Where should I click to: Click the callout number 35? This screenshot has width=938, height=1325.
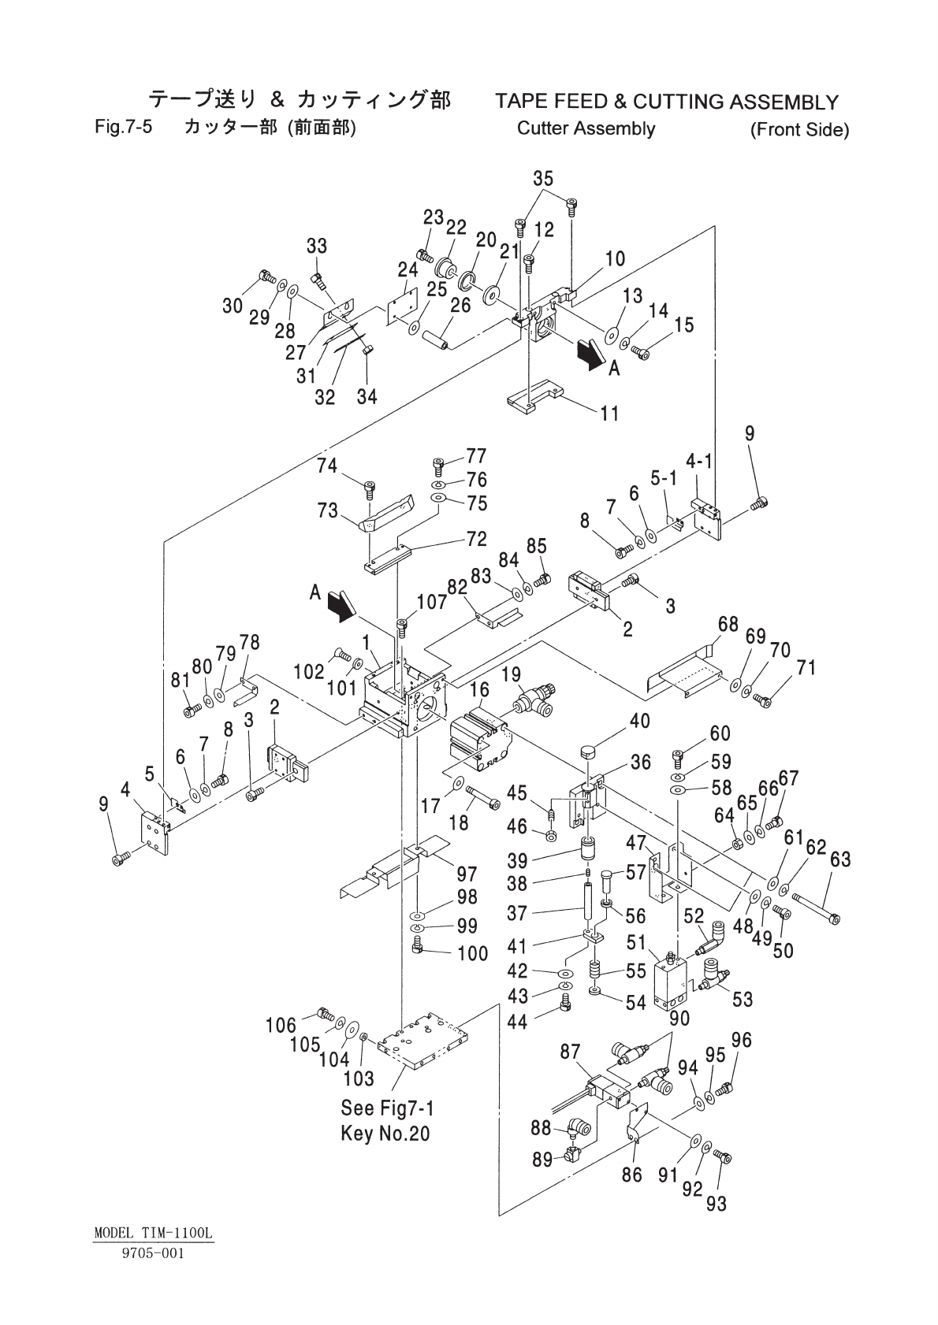click(543, 179)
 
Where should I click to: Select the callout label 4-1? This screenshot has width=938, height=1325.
click(698, 461)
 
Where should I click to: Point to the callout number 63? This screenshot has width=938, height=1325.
click(840, 859)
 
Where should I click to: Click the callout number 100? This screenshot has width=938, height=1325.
click(473, 953)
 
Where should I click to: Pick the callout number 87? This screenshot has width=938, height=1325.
click(570, 1052)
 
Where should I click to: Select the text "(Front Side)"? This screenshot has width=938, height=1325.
click(799, 129)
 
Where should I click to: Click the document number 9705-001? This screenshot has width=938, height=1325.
click(152, 1253)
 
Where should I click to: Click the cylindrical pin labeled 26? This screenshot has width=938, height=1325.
click(437, 340)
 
